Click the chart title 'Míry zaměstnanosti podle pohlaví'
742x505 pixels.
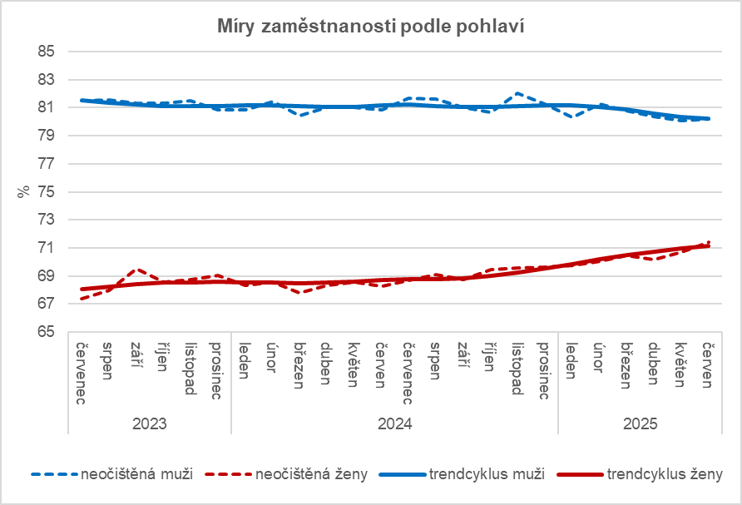[370, 25]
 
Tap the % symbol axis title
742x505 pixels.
[23, 191]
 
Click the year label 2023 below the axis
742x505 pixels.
[150, 423]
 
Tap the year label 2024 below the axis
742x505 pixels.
[394, 423]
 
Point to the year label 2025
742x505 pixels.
[640, 423]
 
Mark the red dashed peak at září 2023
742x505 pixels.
[138, 270]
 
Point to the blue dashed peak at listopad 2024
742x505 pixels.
[517, 93]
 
